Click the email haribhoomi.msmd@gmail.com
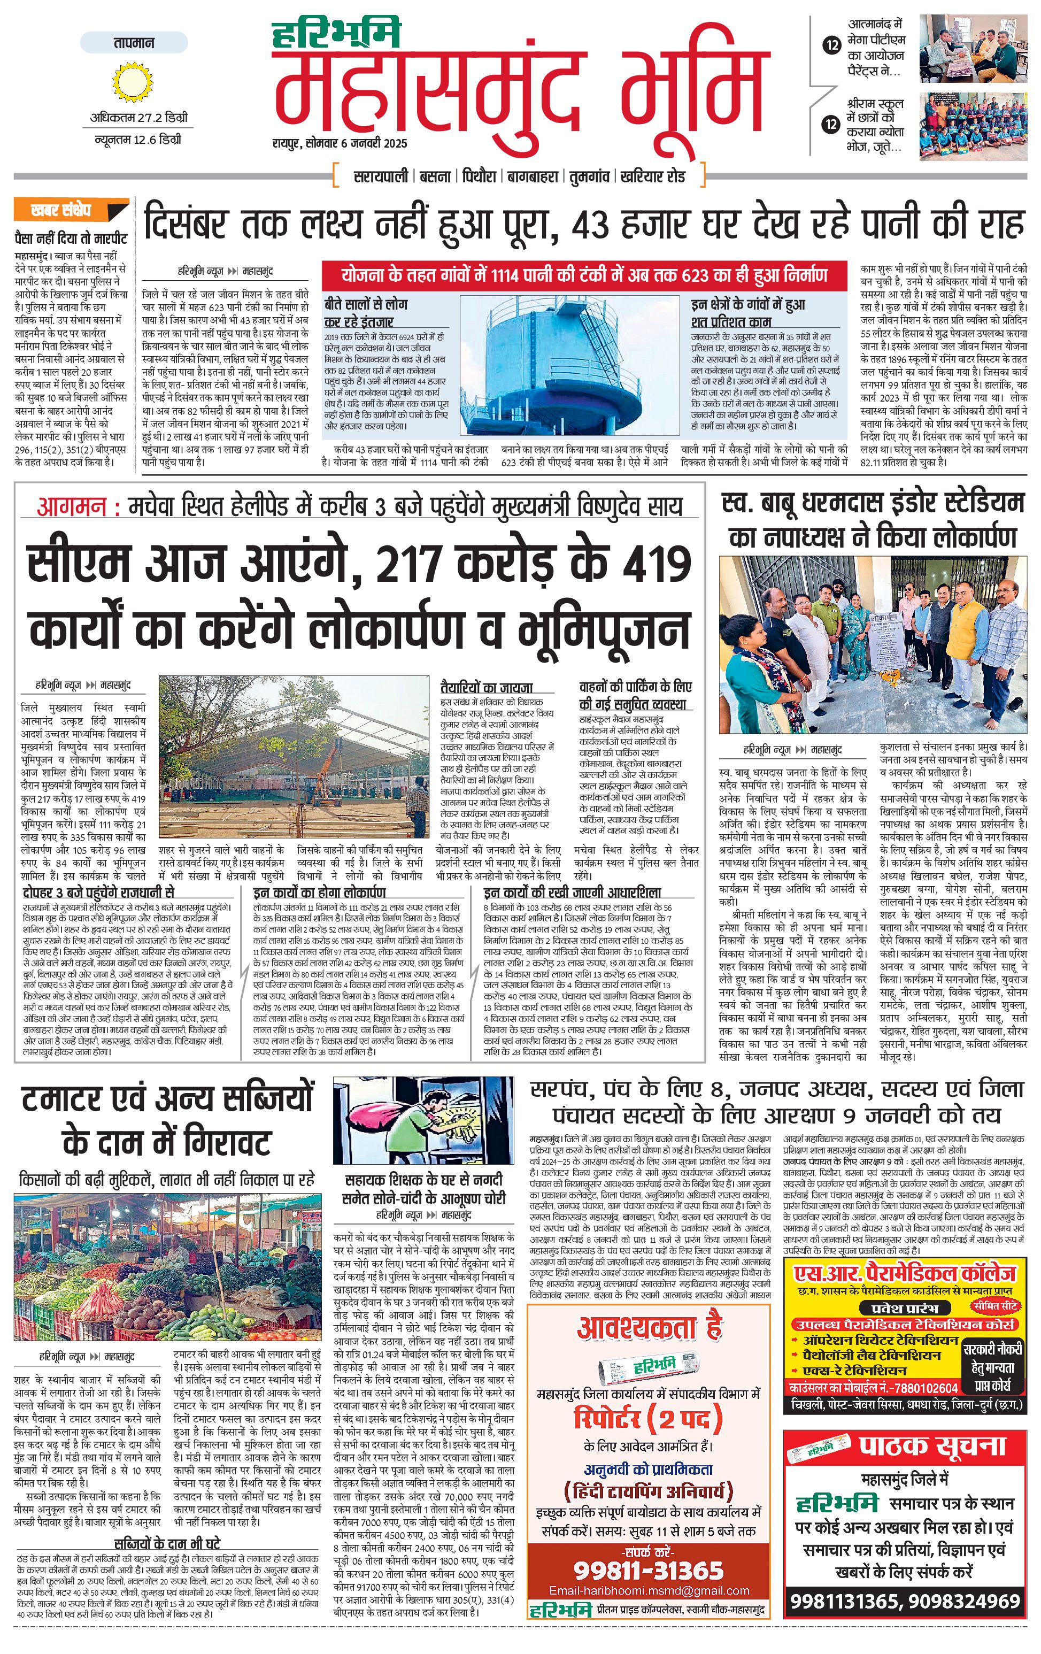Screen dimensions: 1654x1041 649,1591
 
